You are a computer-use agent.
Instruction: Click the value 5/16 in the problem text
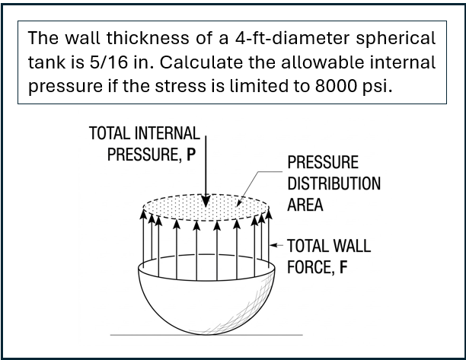tap(108, 62)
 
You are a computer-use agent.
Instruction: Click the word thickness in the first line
tap(148, 38)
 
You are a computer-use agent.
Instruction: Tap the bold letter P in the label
tap(191, 155)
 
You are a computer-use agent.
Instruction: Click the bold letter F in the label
tap(343, 267)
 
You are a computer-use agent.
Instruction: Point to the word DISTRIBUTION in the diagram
tap(334, 183)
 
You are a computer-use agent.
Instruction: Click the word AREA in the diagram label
tap(305, 205)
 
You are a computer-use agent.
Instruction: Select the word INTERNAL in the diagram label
tap(167, 133)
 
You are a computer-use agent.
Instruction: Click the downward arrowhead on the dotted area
tap(206, 201)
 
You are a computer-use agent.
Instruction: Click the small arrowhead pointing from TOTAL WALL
tap(273, 245)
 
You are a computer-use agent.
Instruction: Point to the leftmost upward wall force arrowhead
tap(143, 214)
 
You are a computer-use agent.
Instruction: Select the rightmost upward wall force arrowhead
tap(269, 214)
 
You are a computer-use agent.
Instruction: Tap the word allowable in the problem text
tap(322, 62)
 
